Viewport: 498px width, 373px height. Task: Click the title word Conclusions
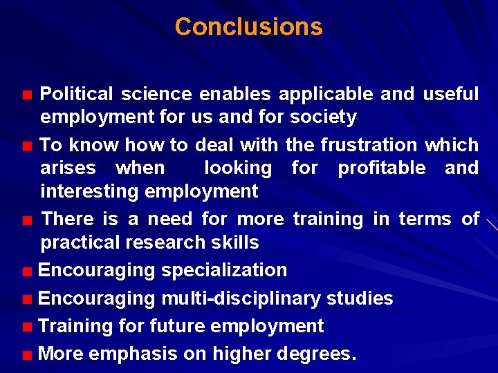coord(248,27)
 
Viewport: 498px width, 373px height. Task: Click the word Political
coord(77,94)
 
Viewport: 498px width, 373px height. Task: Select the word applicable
coord(326,94)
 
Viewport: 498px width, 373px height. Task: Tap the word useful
coord(450,94)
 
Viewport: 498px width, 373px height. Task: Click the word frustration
coord(369,145)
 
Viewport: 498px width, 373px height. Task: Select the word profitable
coord(381,168)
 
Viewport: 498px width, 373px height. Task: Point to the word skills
coord(236,242)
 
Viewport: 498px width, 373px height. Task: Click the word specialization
coord(224,270)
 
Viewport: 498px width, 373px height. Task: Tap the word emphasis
coord(133,354)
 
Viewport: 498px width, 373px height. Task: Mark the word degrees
coord(317,354)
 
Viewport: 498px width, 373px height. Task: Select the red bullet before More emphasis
coord(26,356)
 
